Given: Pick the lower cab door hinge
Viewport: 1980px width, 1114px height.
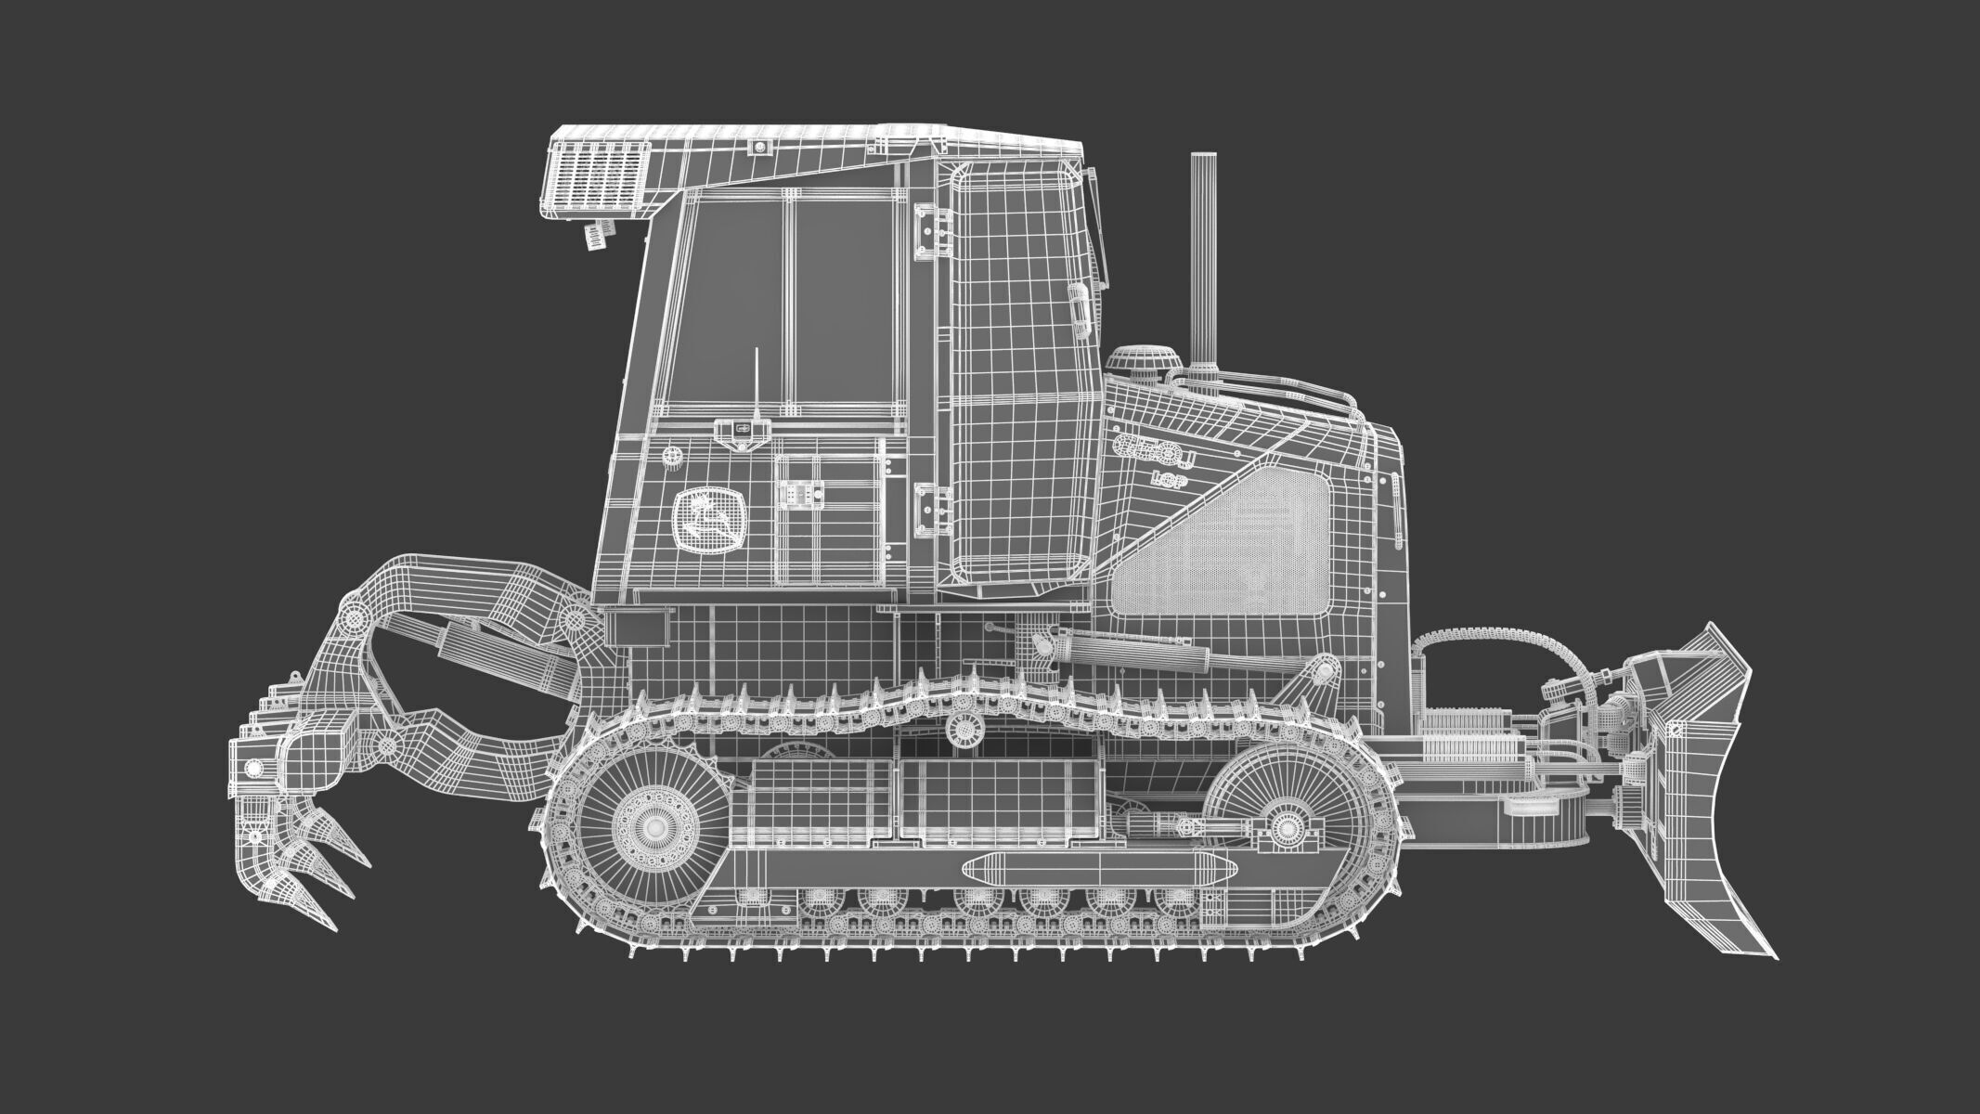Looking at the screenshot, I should (932, 509).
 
